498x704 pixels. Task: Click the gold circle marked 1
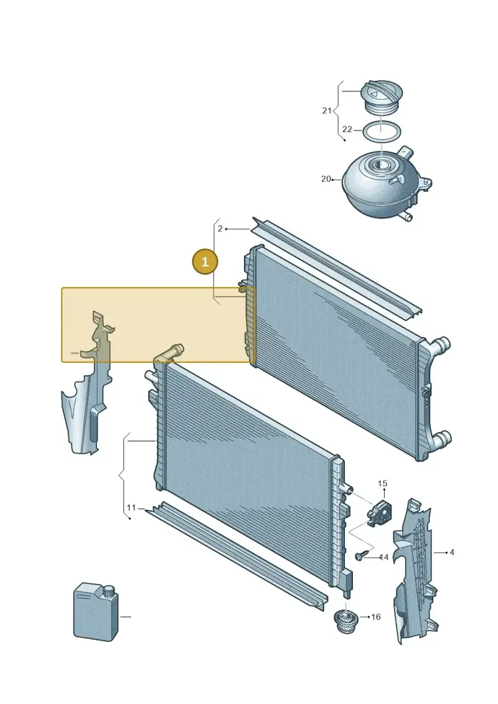(205, 261)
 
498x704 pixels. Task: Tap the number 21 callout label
(326, 110)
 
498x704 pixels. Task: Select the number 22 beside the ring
(347, 129)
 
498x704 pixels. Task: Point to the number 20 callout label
(326, 179)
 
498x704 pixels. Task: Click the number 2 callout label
(220, 229)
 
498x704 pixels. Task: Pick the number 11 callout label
(131, 508)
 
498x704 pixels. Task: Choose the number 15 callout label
(382, 484)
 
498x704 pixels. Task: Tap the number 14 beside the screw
(384, 558)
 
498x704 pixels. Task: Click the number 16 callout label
(376, 617)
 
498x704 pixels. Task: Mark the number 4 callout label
(452, 552)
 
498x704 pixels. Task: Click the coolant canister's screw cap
(108, 591)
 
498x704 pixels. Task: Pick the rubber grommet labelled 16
(346, 621)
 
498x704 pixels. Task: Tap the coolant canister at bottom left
(96, 613)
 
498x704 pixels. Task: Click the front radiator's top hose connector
(171, 352)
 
